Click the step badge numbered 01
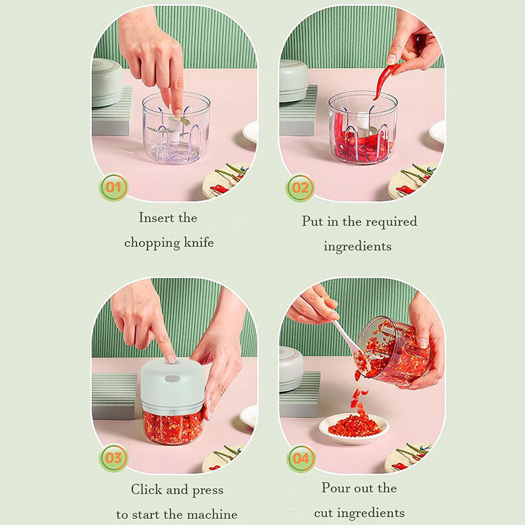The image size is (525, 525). tap(114, 187)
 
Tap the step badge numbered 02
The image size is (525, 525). tap(300, 188)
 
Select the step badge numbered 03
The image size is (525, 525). tap(114, 457)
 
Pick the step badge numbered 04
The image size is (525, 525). tap(301, 458)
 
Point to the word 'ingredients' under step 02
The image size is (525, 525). tap(358, 247)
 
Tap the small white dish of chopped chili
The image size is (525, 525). tap(354, 429)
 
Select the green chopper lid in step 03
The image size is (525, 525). tap(173, 385)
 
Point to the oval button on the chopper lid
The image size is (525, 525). tap(172, 379)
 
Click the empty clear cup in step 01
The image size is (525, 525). tap(176, 128)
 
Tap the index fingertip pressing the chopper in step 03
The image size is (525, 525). tap(170, 358)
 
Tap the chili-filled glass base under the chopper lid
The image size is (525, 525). tap(173, 427)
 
